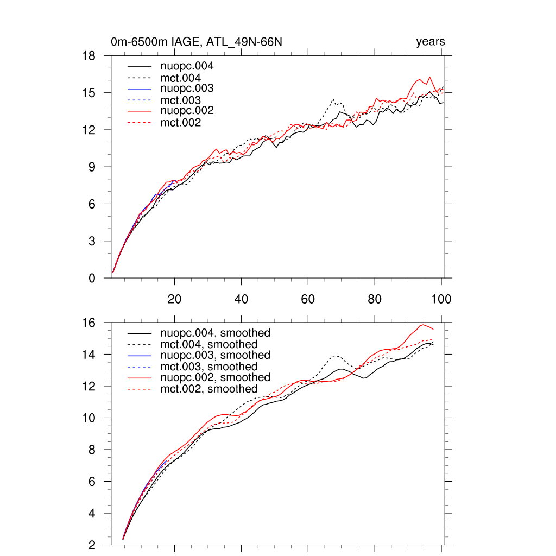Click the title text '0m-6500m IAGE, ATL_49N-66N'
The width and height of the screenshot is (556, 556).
196,42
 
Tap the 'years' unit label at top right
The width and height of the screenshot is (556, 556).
431,42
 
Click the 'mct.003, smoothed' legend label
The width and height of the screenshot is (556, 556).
210,367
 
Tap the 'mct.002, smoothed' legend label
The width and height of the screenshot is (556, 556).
210,389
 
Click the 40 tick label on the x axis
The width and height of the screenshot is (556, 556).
241,299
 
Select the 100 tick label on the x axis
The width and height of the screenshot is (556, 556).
441,299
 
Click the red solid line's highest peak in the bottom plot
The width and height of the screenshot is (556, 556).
423,325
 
